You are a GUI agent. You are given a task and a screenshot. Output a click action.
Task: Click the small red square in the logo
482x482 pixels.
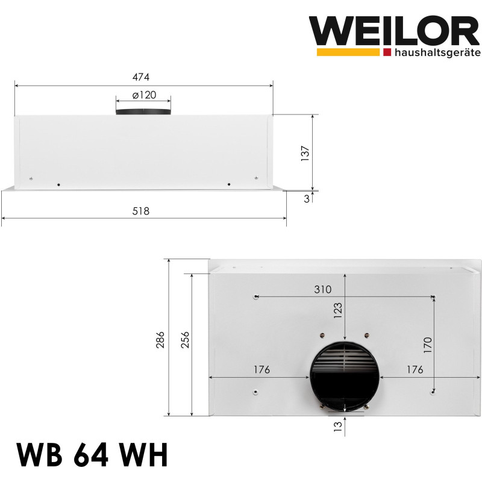[386, 52]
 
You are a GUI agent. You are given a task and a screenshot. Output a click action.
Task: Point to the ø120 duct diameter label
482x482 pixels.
[143, 95]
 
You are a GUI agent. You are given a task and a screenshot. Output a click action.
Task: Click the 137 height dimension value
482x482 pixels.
[305, 153]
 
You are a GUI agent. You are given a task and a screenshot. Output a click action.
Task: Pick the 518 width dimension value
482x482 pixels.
[140, 211]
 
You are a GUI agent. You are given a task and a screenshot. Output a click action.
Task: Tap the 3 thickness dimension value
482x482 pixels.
[307, 199]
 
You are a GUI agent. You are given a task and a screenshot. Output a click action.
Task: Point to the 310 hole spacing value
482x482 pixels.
[322, 289]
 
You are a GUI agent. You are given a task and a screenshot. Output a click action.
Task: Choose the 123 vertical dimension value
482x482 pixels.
[338, 310]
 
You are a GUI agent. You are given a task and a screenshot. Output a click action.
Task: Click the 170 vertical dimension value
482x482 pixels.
[427, 346]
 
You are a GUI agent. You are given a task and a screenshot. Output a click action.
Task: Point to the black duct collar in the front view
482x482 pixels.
[143, 112]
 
